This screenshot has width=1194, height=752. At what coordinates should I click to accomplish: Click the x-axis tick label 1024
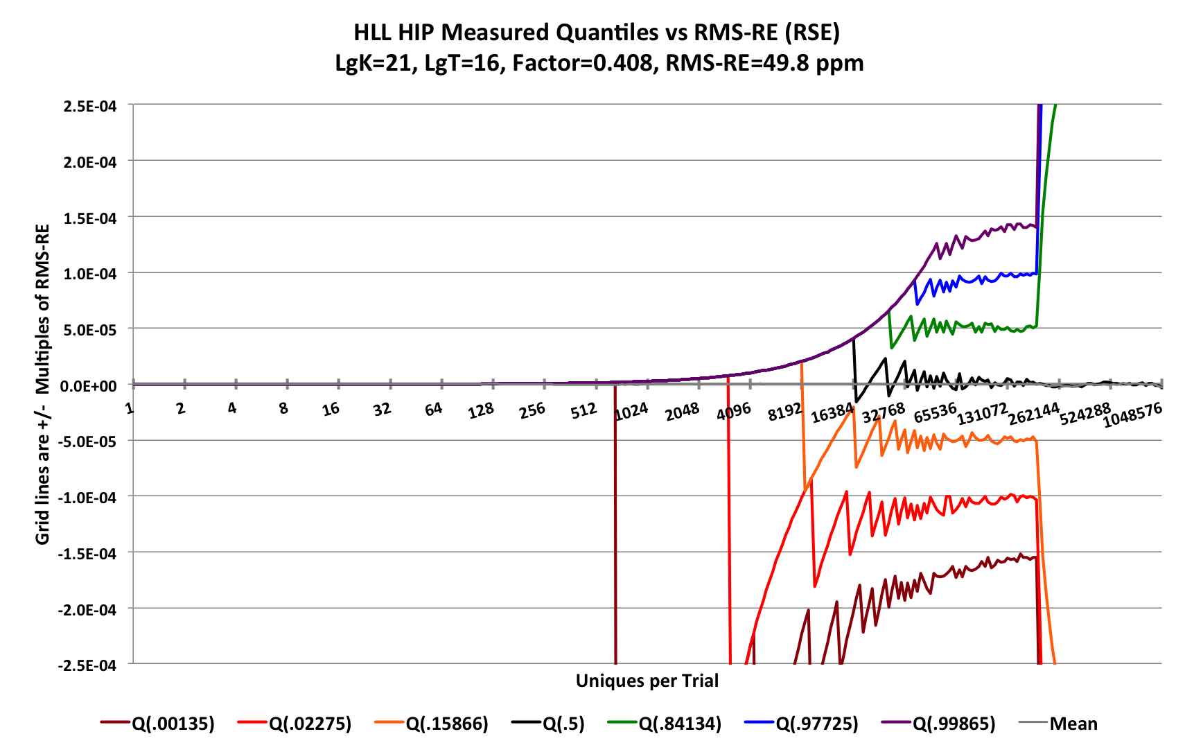point(631,412)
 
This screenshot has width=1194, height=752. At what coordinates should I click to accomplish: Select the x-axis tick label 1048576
point(1132,414)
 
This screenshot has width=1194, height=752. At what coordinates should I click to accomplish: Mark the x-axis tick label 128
point(480,411)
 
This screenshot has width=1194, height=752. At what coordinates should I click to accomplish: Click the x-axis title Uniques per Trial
point(647,681)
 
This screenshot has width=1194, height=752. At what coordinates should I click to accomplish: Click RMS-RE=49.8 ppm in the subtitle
point(764,64)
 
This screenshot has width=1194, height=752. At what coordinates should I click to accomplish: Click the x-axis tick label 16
point(331,409)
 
